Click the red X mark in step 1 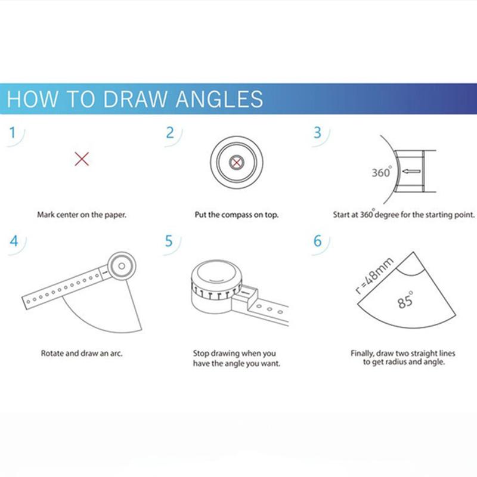click(82, 159)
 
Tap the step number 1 click(12, 132)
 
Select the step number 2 click(170, 132)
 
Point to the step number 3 click(317, 132)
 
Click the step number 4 click(14, 241)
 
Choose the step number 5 click(169, 241)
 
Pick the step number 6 click(318, 241)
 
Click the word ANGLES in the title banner click(219, 99)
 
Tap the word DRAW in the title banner click(135, 99)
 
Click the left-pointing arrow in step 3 click(411, 172)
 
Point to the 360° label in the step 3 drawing click(382, 172)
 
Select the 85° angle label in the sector click(405, 301)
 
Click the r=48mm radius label click(374, 276)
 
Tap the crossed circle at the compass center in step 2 click(236, 162)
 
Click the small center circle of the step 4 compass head click(122, 266)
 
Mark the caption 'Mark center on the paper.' click(82, 215)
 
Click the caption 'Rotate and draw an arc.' click(82, 353)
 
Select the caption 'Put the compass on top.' click(236, 215)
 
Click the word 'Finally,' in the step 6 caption click(362, 354)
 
